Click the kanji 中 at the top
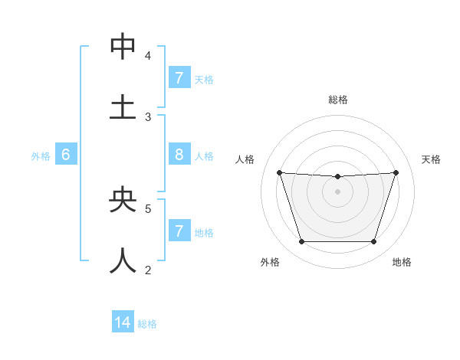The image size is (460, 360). pyautogui.click(x=123, y=47)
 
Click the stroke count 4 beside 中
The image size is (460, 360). pyautogui.click(x=148, y=56)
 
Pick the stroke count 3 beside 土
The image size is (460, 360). pyautogui.click(x=148, y=117)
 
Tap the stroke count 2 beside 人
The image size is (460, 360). pyautogui.click(x=148, y=270)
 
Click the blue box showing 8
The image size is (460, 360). pyautogui.click(x=179, y=155)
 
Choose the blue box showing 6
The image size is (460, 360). pyautogui.click(x=66, y=155)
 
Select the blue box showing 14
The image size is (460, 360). pyautogui.click(x=123, y=322)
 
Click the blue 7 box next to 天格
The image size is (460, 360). pyautogui.click(x=179, y=77)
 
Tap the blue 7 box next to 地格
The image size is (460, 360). pyautogui.click(x=179, y=231)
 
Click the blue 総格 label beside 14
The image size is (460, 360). pyautogui.click(x=147, y=324)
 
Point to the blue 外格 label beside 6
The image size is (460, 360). pyautogui.click(x=41, y=156)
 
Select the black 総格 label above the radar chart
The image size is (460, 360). pyautogui.click(x=338, y=100)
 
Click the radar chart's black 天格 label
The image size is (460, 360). pyautogui.click(x=431, y=159)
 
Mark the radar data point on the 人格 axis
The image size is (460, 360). pyautogui.click(x=279, y=172)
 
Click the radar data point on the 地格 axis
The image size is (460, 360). pyautogui.click(x=373, y=241)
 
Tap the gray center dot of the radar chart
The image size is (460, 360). pyautogui.click(x=337, y=191)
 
